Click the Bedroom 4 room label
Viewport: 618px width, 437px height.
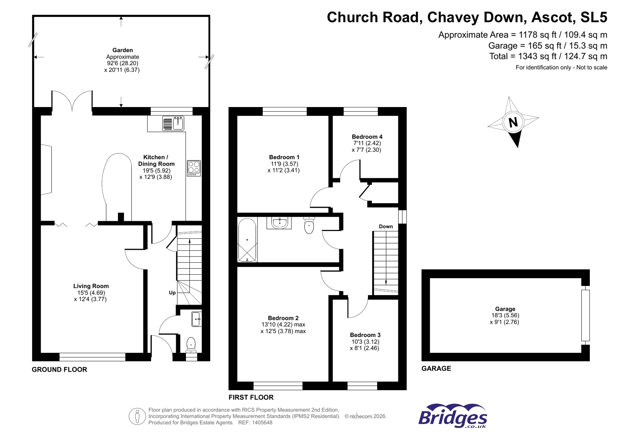pyautogui.click(x=367, y=137)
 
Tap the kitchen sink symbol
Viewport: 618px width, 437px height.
pyautogui.click(x=173, y=124)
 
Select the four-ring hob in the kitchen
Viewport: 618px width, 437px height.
pyautogui.click(x=194, y=168)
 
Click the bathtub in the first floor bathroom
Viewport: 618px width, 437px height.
pyautogui.click(x=247, y=240)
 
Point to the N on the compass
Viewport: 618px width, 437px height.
pyautogui.click(x=513, y=122)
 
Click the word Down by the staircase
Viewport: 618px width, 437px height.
pyautogui.click(x=385, y=226)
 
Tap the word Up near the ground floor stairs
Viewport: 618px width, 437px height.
pyautogui.click(x=172, y=292)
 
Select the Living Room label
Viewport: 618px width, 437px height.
pyautogui.click(x=91, y=286)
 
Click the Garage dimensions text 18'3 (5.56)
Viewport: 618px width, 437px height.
pyautogui.click(x=505, y=315)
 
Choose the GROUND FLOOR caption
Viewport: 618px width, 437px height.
pyautogui.click(x=60, y=369)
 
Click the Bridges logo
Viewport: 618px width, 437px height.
pyautogui.click(x=453, y=417)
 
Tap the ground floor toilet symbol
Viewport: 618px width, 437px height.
pyautogui.click(x=191, y=343)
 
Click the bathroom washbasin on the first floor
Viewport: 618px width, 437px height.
pyautogui.click(x=279, y=223)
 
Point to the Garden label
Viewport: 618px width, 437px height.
pyautogui.click(x=123, y=50)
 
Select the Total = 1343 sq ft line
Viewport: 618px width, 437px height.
pyautogui.click(x=548, y=56)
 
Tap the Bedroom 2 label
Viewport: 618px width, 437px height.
pyautogui.click(x=283, y=318)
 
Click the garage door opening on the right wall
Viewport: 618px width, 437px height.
pyautogui.click(x=585, y=315)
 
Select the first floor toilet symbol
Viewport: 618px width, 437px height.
pyautogui.click(x=309, y=226)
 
